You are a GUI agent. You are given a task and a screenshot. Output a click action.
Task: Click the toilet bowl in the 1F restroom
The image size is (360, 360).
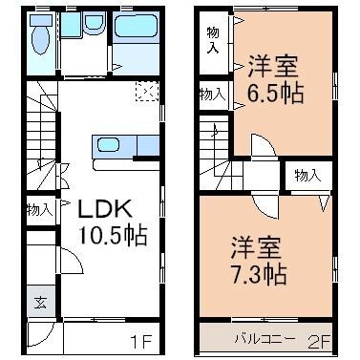38,39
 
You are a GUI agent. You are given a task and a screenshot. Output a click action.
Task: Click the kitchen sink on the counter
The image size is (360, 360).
106,145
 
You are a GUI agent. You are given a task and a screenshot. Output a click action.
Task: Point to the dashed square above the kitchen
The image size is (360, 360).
147,92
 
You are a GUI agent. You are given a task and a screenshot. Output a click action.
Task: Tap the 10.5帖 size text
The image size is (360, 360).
112,236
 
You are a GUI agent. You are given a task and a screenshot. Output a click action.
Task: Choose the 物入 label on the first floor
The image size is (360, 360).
38,209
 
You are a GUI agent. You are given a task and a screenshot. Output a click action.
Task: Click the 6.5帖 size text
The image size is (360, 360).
275,95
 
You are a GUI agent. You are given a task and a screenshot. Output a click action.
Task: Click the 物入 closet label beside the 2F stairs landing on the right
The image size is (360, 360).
307,176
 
